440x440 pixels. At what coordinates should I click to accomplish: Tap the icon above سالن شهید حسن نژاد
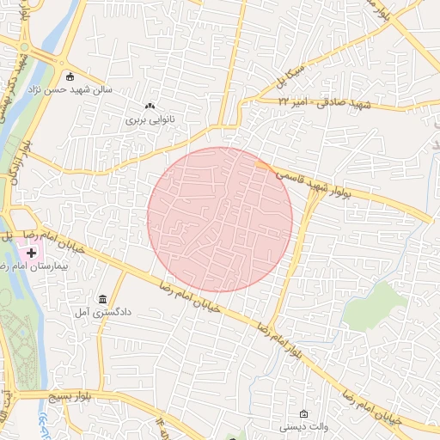click(69, 76)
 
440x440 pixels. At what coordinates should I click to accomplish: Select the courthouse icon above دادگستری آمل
click(103, 300)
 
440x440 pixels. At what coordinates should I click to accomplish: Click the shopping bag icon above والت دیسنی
click(302, 413)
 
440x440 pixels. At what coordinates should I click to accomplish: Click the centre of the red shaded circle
click(220, 219)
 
